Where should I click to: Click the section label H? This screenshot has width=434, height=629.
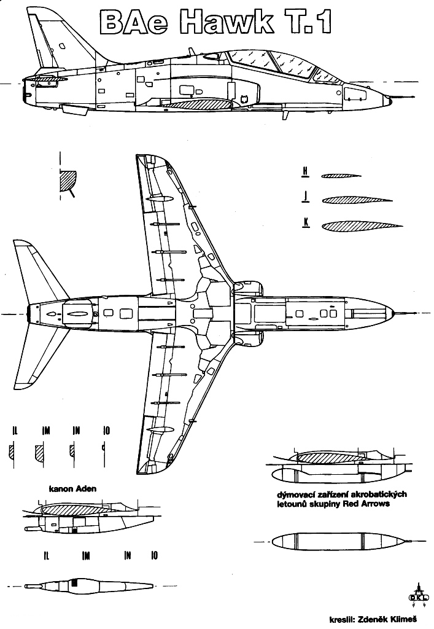point(304,173)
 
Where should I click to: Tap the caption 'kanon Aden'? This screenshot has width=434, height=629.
point(74,490)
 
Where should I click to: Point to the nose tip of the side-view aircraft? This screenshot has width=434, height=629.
point(398,96)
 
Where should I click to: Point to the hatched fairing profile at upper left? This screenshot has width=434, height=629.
point(66,181)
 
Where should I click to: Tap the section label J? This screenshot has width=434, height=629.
point(305,198)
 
